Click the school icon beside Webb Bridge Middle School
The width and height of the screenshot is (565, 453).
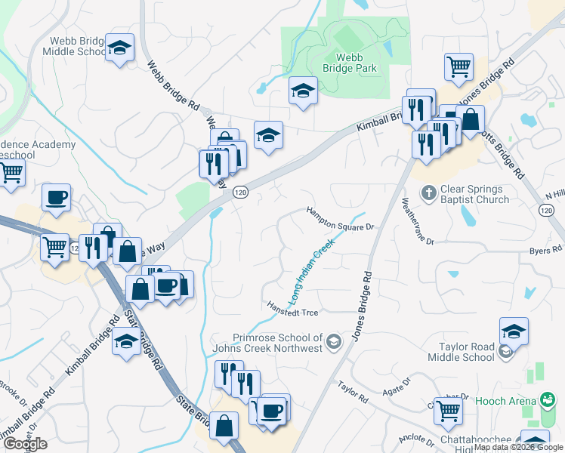[x=119, y=49]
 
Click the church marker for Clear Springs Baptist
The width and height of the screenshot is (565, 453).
[x=428, y=193]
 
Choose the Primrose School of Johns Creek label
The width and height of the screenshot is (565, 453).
[x=277, y=343]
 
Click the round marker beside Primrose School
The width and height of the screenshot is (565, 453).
[x=332, y=344]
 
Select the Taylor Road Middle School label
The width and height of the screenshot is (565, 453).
[x=471, y=353]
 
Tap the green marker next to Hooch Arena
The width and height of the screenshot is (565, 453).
[x=549, y=399]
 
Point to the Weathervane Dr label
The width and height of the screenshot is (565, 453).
[x=417, y=220]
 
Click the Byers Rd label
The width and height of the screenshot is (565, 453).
[x=545, y=250]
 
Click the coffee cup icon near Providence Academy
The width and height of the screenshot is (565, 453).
[x=56, y=198]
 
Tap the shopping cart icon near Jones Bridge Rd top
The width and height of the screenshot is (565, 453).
[x=458, y=66]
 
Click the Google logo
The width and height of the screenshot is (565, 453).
[x=25, y=444]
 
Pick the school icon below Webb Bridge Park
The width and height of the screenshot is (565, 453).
[x=303, y=91]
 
